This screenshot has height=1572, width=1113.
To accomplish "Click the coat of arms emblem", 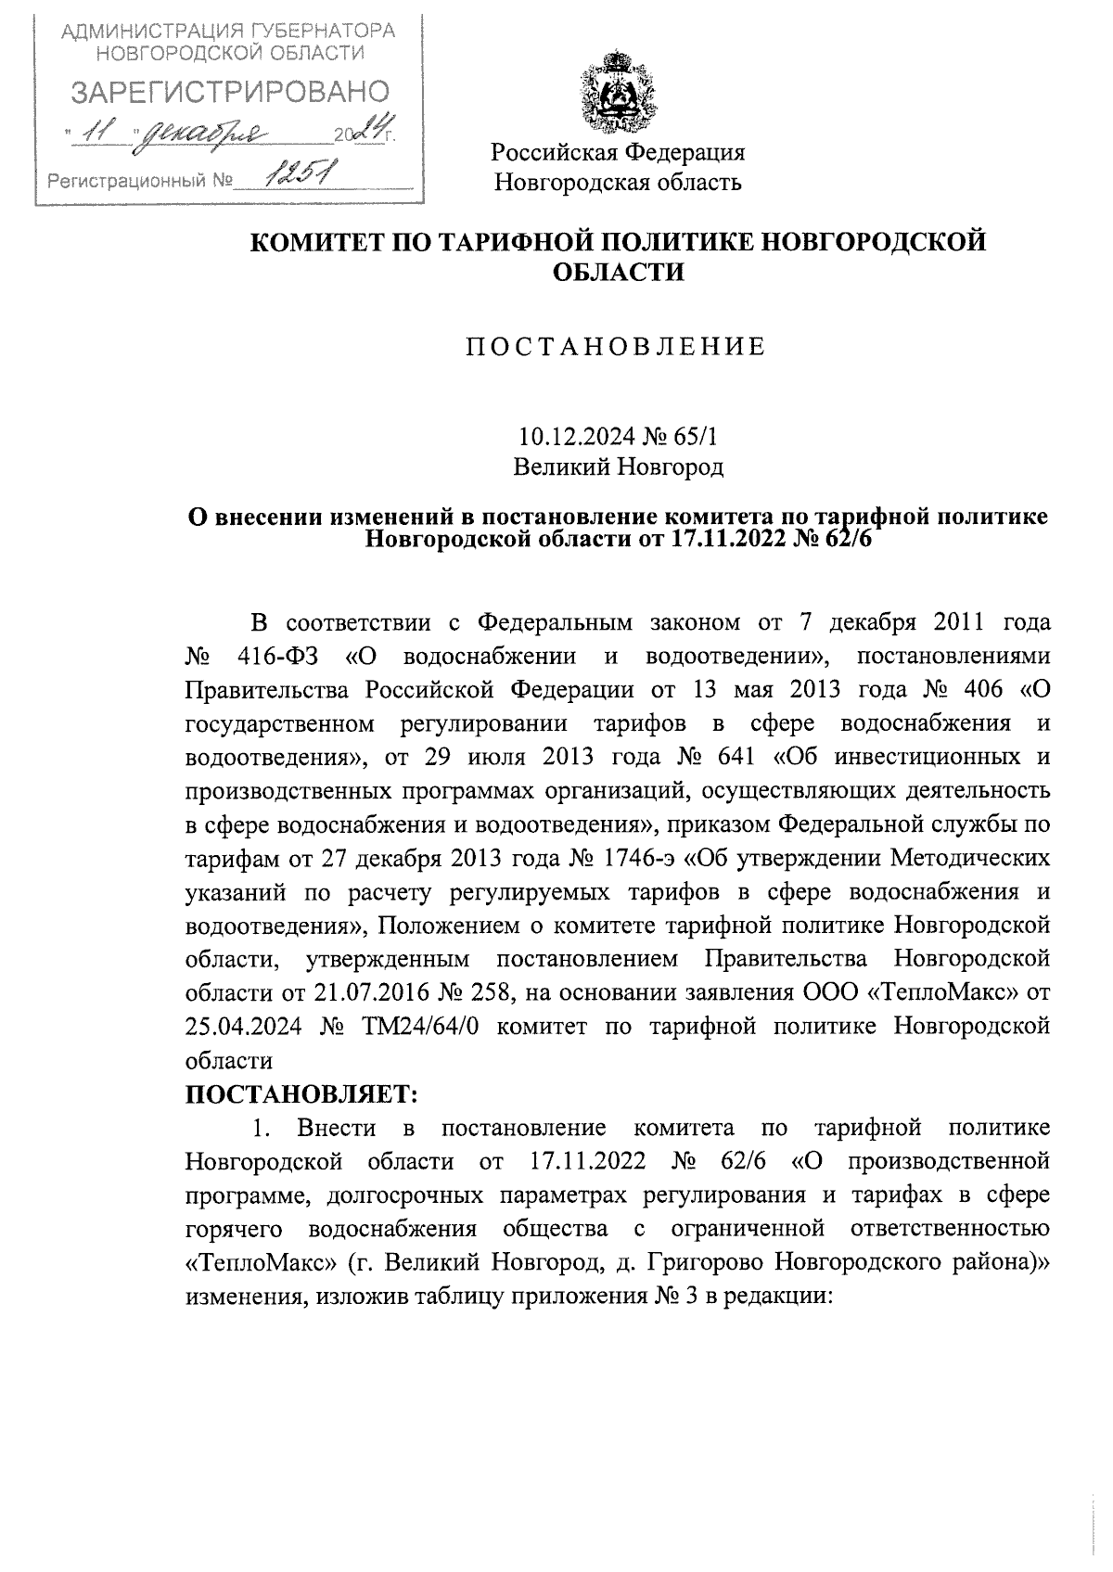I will pos(617,95).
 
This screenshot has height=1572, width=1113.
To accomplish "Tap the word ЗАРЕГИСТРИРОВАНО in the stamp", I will pos(231,92).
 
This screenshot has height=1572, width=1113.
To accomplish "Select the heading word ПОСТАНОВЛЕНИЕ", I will pos(617,347).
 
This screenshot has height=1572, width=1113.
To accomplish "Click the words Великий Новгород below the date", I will pos(619,466).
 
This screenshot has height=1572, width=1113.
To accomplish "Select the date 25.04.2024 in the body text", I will pos(243,1027).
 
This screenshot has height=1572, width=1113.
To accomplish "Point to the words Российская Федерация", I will pos(618,152).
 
